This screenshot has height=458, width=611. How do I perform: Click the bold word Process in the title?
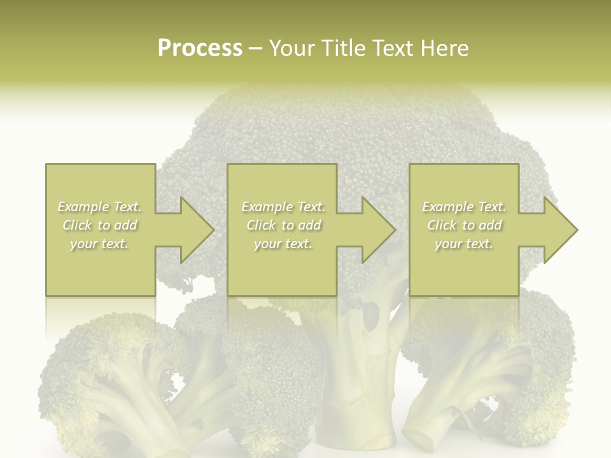point(200,48)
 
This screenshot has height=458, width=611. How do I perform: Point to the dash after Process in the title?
point(255,49)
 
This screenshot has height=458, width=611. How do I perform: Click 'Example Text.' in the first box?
point(100,207)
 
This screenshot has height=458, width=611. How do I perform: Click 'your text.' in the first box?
point(100,244)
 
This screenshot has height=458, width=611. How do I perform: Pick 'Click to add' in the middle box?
point(283,225)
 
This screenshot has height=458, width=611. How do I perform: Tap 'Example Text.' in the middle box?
point(283,207)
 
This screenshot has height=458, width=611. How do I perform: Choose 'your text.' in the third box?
point(464,244)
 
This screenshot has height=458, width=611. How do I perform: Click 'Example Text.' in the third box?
point(464,207)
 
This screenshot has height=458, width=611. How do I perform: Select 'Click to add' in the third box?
point(464,225)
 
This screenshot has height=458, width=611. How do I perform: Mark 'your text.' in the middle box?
point(283,244)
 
